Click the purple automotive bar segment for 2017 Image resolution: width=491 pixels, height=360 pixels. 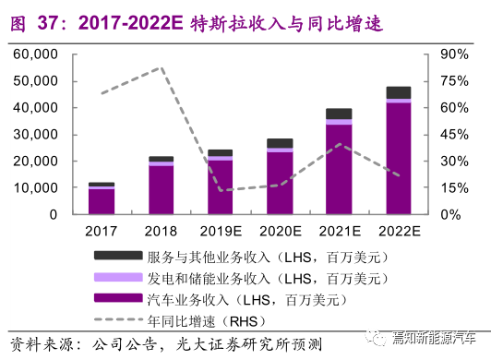click(x=102, y=202)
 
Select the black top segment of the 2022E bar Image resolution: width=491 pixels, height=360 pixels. click(x=399, y=92)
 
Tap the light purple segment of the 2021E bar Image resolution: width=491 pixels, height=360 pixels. click(x=339, y=122)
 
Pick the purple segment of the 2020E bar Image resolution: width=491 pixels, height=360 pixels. click(x=280, y=184)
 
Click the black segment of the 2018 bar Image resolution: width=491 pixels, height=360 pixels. click(x=161, y=159)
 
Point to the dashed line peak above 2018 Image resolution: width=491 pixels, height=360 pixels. click(x=161, y=67)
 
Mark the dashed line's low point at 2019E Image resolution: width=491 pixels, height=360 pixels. click(x=222, y=190)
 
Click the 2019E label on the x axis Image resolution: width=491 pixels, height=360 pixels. click(x=221, y=232)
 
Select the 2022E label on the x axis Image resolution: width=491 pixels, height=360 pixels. click(x=400, y=232)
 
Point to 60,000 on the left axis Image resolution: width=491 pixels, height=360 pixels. click(x=35, y=54)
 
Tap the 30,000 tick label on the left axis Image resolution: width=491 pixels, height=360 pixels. click(x=35, y=135)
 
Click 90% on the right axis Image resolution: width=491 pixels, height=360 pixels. click(x=454, y=54)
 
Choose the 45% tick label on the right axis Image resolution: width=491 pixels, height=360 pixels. click(x=454, y=135)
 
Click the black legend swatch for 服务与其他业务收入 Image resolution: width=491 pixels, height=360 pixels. click(x=118, y=255)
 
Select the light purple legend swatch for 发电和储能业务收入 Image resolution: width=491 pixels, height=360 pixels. click(x=118, y=277)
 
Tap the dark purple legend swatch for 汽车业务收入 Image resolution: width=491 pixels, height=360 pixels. click(x=118, y=297)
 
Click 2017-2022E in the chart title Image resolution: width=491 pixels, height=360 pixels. click(x=130, y=23)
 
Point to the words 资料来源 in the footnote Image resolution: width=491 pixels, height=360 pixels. click(x=42, y=344)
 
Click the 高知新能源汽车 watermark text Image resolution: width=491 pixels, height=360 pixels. click(x=434, y=338)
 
